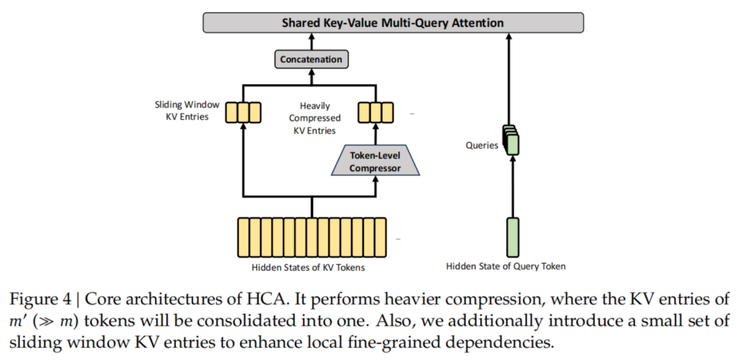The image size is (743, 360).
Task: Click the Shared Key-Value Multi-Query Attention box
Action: coord(393,23)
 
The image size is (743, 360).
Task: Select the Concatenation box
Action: coord(310,59)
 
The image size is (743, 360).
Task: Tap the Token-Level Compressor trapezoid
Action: coord(375,162)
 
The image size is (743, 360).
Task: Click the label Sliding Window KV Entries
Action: coord(187,111)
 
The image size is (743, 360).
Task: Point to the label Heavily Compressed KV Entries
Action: coord(314,118)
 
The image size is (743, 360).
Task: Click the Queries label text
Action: coord(482,146)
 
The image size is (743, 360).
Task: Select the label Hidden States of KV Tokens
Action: coord(311,266)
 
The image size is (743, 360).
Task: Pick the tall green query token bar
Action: coord(513,237)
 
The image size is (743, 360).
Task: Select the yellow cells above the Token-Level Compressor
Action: coord(376,112)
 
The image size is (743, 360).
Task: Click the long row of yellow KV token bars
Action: coord(312,237)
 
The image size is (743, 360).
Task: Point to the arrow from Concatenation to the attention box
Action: coord(310,41)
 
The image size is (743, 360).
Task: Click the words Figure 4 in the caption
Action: coord(39,301)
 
